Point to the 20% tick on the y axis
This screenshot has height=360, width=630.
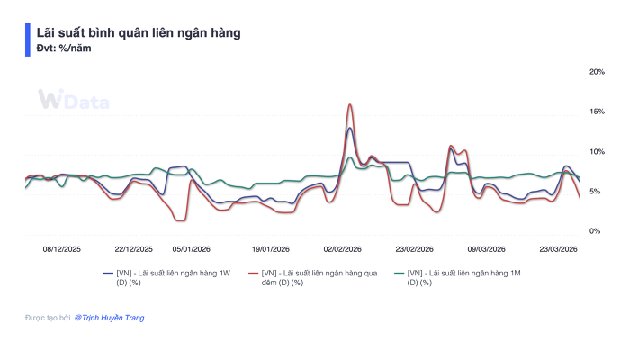click(596, 71)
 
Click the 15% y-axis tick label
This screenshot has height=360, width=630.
click(596, 112)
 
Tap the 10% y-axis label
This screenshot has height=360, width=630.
click(596, 151)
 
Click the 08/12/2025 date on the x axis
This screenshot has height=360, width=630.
click(62, 248)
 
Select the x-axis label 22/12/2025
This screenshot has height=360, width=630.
click(134, 248)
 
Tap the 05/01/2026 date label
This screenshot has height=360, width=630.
click(192, 248)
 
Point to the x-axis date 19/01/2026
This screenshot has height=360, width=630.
click(270, 248)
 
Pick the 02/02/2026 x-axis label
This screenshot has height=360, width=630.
click(343, 248)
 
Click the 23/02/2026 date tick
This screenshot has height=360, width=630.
click(415, 248)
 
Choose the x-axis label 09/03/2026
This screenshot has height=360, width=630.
click(486, 248)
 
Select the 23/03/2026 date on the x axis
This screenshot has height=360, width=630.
click(558, 248)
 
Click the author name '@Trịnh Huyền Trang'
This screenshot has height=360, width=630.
click(109, 318)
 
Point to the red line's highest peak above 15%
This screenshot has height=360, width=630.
click(349, 104)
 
